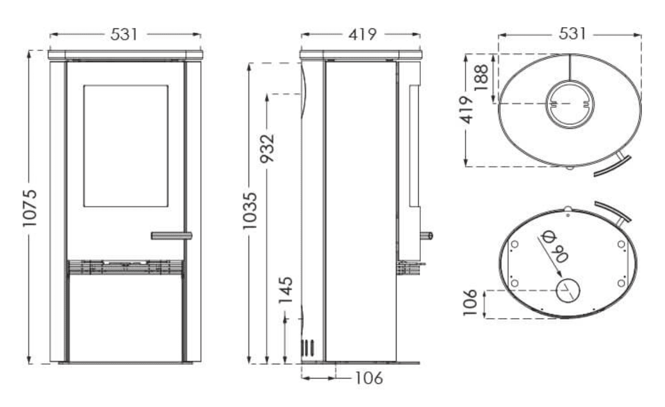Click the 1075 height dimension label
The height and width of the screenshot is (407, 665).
(x=30, y=208)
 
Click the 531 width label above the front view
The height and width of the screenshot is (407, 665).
(x=125, y=35)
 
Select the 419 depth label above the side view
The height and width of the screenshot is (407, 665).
(x=362, y=35)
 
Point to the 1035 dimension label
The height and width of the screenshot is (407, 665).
(x=250, y=211)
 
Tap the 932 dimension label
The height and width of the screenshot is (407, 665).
(x=267, y=149)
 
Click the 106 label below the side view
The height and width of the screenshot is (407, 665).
(x=369, y=378)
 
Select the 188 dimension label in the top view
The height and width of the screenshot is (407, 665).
(x=481, y=77)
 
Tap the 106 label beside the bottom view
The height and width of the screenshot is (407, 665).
(x=470, y=303)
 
